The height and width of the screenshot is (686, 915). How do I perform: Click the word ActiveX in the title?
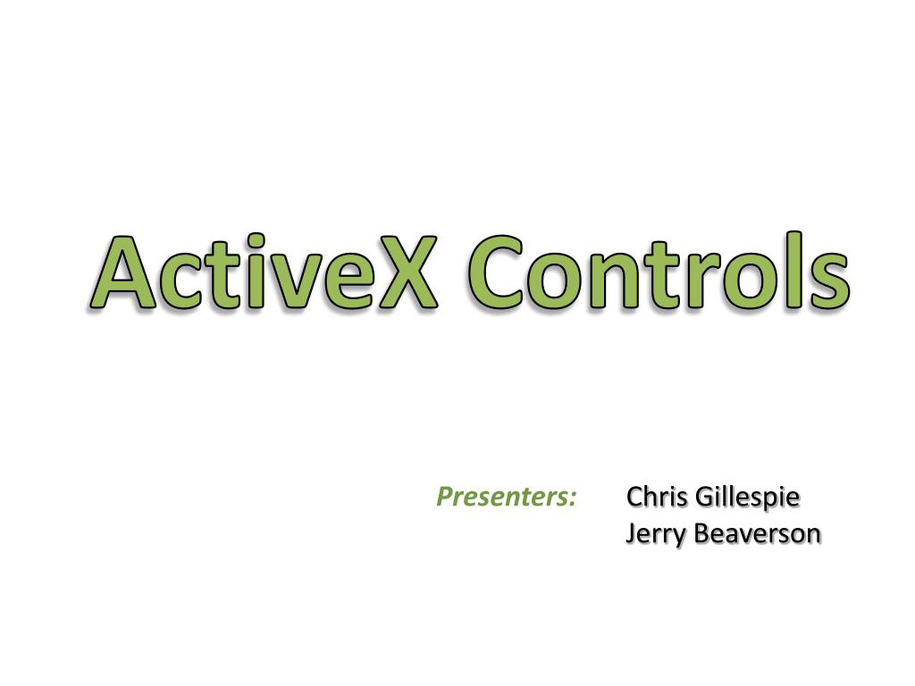point(264,272)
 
